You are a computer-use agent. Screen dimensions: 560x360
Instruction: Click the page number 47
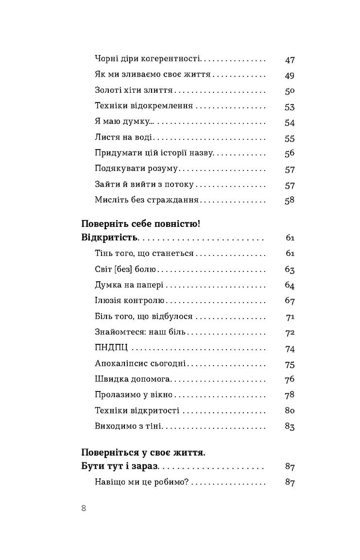(290, 60)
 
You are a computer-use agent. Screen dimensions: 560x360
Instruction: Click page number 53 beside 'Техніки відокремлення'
(290, 107)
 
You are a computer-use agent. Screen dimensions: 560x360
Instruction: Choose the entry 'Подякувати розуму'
(137, 169)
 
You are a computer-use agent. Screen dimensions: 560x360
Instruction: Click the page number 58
(290, 201)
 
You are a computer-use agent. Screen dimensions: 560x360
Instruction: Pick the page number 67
(290, 301)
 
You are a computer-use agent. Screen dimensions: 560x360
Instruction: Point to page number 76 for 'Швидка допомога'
(290, 379)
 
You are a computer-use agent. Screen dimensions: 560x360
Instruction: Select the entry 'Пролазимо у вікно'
(134, 395)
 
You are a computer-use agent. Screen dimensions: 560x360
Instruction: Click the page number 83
(290, 427)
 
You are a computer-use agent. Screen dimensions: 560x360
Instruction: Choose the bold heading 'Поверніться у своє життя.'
(143, 452)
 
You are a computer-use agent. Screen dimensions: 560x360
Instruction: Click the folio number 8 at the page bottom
(84, 509)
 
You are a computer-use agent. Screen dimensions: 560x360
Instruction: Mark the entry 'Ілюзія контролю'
(130, 301)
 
